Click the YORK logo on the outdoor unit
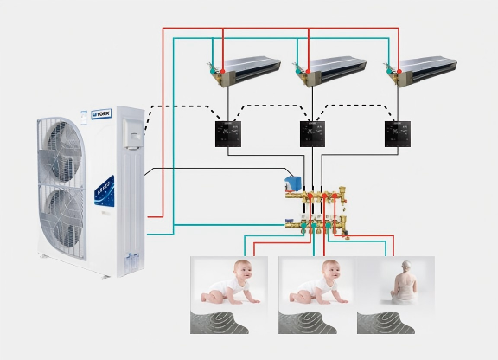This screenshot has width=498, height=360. [101, 114]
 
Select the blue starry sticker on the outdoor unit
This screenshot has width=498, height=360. [105, 190]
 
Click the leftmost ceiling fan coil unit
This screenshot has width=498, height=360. [245, 70]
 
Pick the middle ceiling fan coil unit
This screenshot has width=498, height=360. [330, 70]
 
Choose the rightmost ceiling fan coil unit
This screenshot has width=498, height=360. [422, 70]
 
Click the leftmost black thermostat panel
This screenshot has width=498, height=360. [228, 134]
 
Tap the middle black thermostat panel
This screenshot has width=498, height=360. [312, 134]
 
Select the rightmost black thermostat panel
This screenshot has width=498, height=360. [398, 134]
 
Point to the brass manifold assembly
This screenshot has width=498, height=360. [316, 212]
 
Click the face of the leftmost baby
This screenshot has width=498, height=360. [244, 271]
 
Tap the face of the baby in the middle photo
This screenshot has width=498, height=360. [332, 271]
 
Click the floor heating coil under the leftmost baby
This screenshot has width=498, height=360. [219, 323]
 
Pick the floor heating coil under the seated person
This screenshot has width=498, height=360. [386, 323]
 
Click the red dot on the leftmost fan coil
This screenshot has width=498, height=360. [223, 71]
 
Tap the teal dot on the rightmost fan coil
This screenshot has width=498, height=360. [390, 72]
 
